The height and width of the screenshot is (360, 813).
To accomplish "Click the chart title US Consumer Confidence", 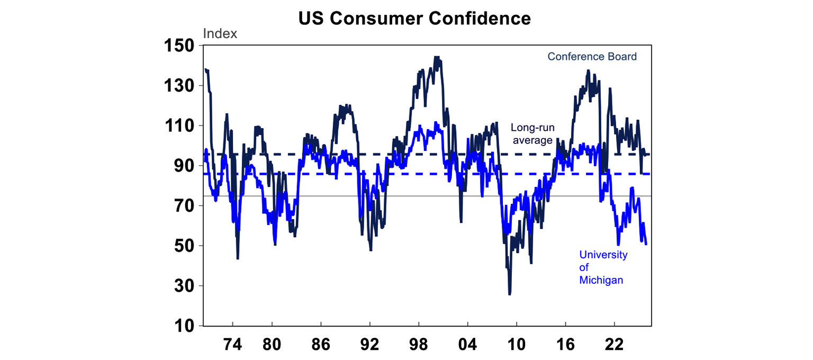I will click(x=414, y=19).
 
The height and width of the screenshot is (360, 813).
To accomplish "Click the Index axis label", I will click(x=220, y=34).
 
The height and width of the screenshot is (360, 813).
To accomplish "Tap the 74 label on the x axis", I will click(x=233, y=344).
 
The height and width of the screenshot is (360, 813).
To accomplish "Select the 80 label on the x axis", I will click(x=272, y=344).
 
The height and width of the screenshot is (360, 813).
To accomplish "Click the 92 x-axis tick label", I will click(x=369, y=344).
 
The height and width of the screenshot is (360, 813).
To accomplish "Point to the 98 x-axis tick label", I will click(x=419, y=344).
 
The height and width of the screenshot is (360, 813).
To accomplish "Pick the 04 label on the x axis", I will click(x=468, y=344).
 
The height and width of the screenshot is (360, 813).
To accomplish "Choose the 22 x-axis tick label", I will click(x=615, y=344).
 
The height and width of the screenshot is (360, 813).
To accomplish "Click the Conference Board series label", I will click(x=592, y=57).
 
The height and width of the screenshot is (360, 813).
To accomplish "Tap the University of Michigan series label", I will click(x=603, y=267).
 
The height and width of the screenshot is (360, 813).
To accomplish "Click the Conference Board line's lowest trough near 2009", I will click(x=510, y=293).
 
